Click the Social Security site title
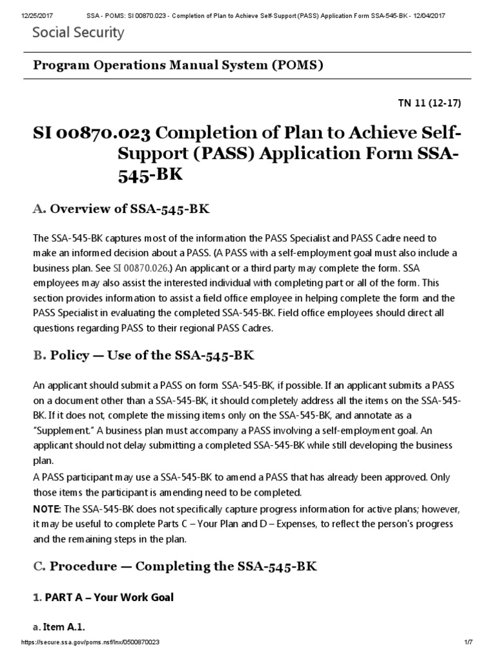[78, 33]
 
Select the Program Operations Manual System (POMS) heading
[178, 66]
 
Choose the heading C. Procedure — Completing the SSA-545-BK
[175, 566]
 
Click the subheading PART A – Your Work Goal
[103, 598]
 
